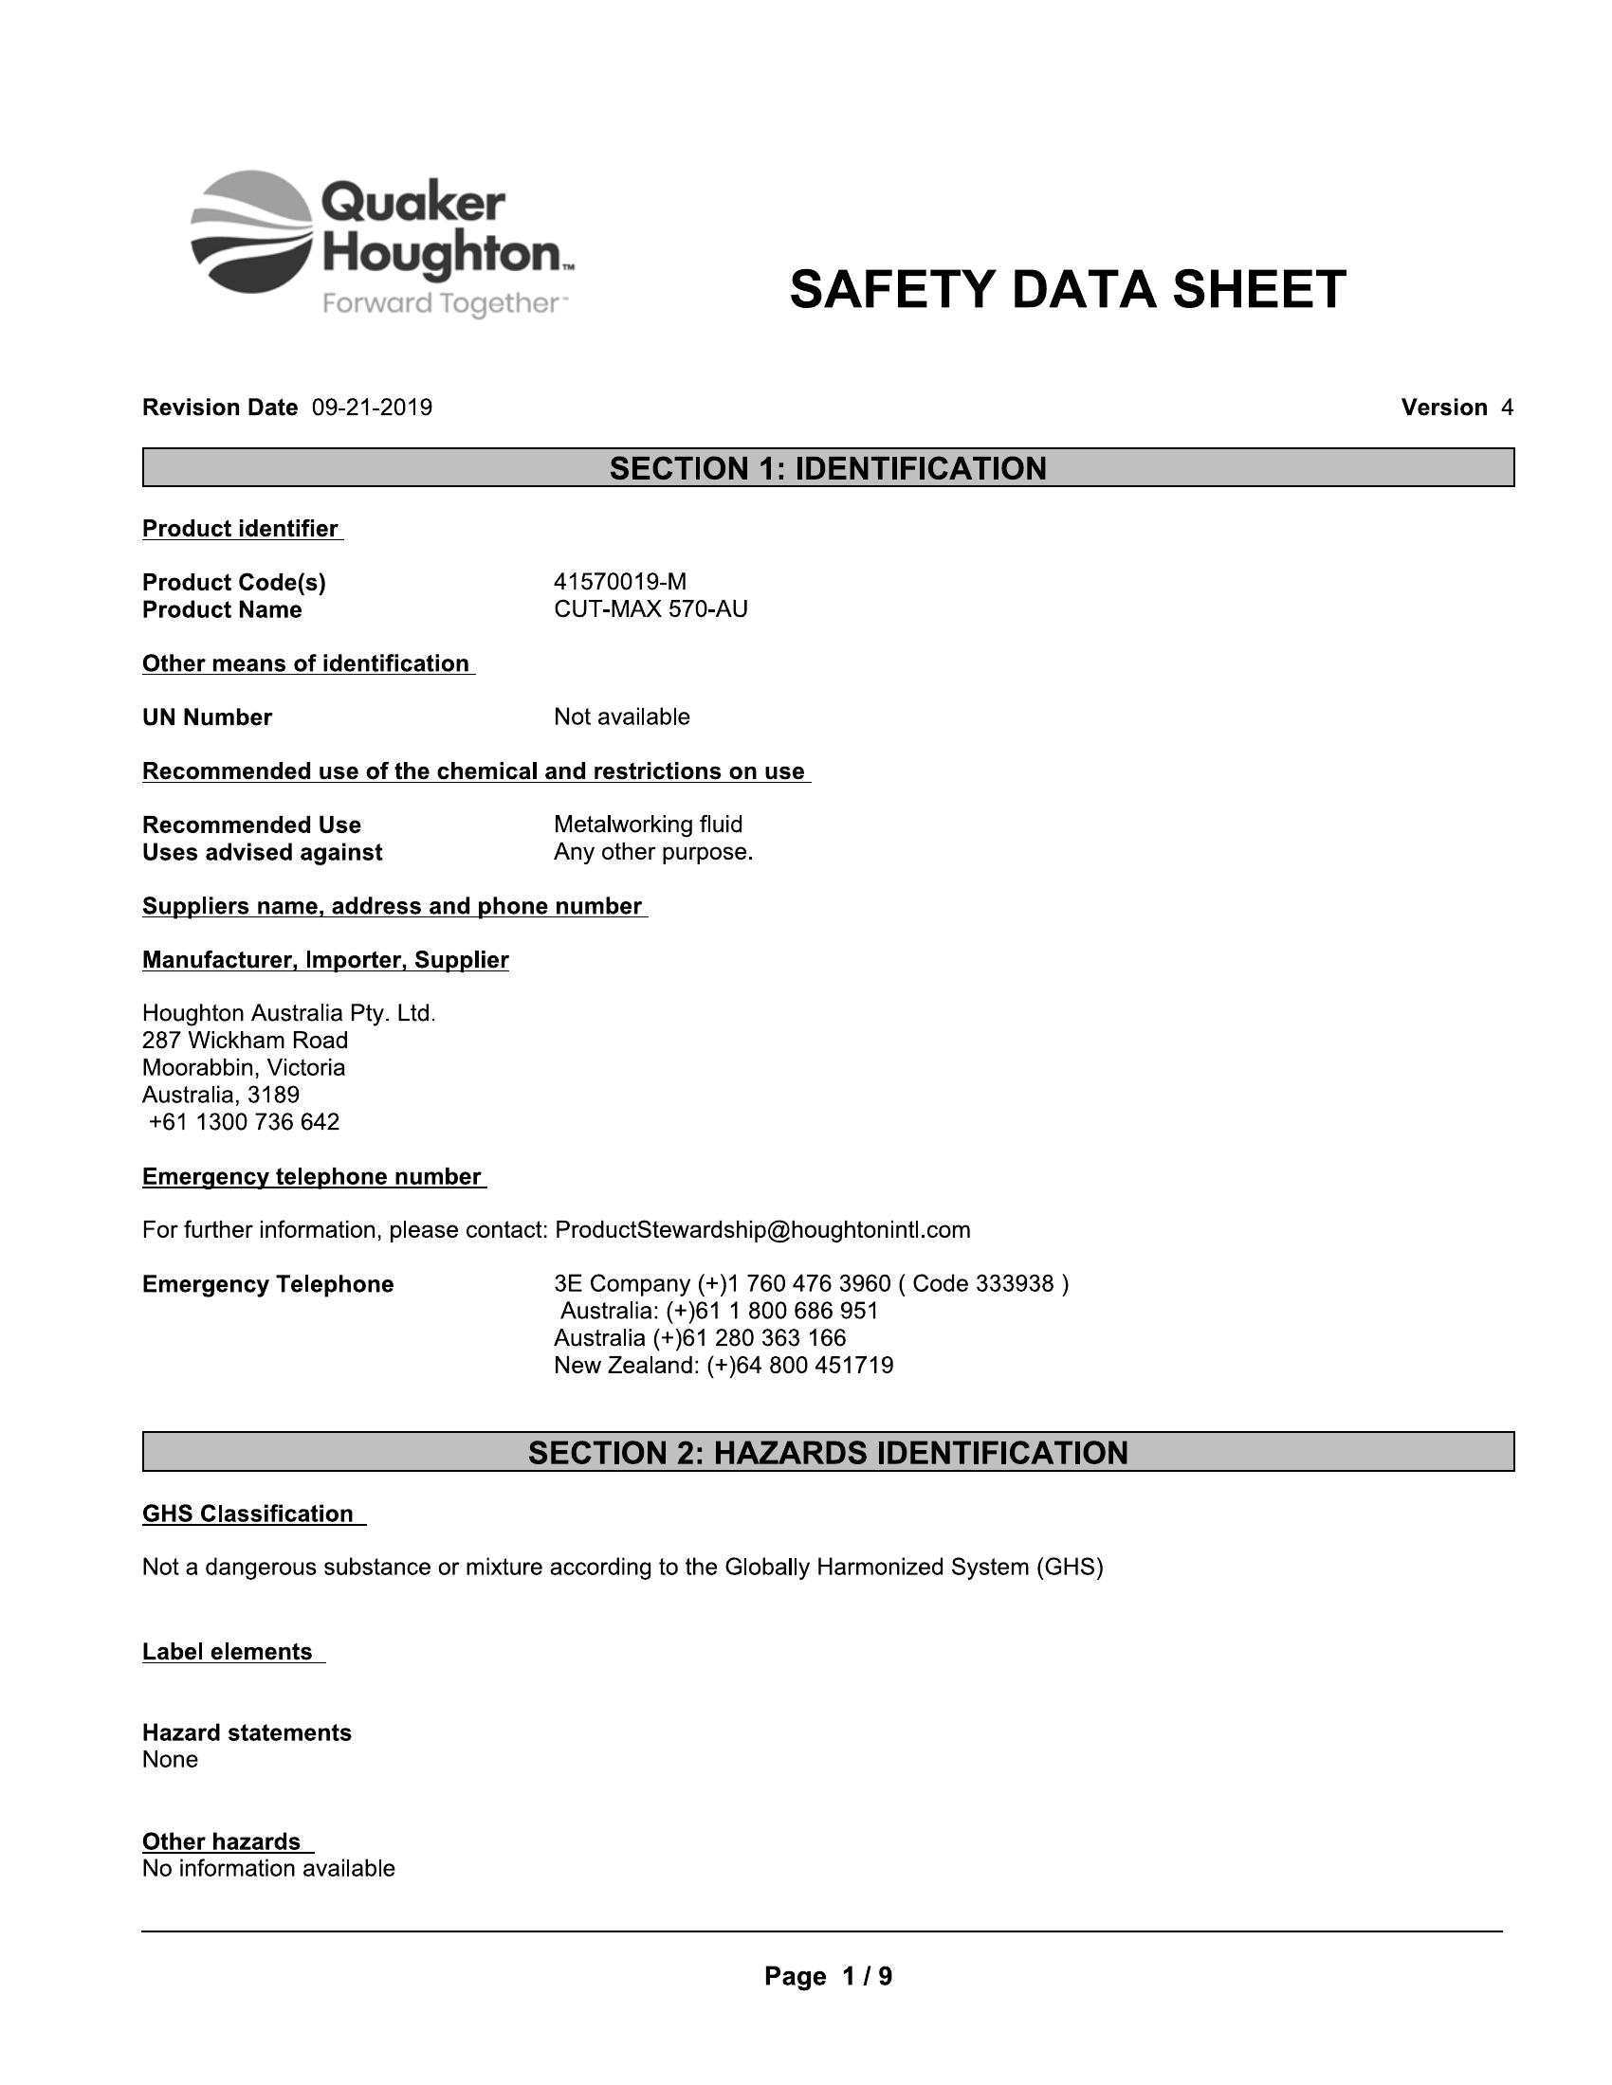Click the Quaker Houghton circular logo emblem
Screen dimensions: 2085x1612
[x=251, y=232]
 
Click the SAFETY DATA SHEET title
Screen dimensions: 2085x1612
[x=1068, y=289]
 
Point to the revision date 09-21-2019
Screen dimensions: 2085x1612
[x=372, y=408]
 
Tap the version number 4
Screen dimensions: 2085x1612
[x=1507, y=408]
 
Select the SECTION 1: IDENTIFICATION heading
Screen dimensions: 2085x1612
[x=828, y=469]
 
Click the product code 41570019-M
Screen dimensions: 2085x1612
[x=620, y=581]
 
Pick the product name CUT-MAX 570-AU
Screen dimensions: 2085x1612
[x=650, y=609]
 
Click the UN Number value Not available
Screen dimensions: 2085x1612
[x=622, y=717]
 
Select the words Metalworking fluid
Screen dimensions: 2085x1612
[x=648, y=824]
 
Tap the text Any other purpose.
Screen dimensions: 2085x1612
[x=653, y=852]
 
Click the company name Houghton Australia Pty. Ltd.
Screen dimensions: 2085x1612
[x=288, y=1013]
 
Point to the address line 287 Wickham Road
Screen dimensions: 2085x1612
[x=246, y=1040]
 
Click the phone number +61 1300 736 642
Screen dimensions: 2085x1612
[x=244, y=1122]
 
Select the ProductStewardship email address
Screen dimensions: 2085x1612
[x=762, y=1229]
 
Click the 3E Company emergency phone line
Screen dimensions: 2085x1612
[x=811, y=1283]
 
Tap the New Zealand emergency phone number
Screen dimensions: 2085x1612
[x=723, y=1365]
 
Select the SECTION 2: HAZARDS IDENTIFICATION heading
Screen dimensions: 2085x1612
[x=828, y=1453]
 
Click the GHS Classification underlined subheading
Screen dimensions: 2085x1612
[x=248, y=1514]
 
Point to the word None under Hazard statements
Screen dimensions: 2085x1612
[x=170, y=1760]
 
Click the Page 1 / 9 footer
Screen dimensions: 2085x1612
[x=828, y=1976]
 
